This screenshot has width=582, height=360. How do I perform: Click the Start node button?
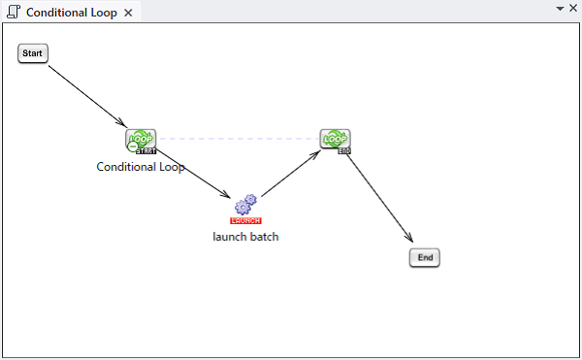(33, 53)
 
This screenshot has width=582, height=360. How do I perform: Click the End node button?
(425, 257)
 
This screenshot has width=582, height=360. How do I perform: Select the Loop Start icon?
(141, 141)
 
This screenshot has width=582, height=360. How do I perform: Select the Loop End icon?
(336, 141)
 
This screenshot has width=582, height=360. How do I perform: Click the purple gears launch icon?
(245, 205)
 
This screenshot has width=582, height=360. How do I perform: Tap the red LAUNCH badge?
(245, 221)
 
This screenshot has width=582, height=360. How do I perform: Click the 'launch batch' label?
(245, 237)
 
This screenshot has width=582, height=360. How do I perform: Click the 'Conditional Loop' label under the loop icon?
(141, 167)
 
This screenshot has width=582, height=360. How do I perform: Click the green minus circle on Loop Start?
(133, 147)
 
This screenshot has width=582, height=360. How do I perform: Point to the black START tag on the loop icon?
(146, 151)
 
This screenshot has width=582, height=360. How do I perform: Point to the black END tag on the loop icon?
(344, 151)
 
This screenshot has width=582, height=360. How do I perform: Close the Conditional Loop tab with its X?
(128, 13)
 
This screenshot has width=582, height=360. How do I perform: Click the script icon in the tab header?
(14, 12)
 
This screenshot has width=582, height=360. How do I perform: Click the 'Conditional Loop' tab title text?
(72, 13)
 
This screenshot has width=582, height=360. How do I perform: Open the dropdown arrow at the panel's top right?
(560, 9)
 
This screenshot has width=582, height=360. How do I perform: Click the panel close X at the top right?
(573, 8)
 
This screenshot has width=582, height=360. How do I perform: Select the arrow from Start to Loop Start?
(88, 96)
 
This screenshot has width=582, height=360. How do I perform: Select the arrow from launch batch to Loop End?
(291, 174)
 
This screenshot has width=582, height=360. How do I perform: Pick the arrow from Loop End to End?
(379, 199)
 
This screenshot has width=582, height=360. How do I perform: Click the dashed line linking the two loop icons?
(239, 139)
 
